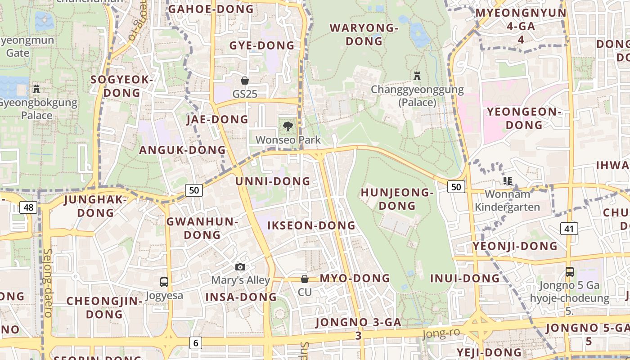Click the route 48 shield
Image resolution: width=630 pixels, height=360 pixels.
pos(28,207)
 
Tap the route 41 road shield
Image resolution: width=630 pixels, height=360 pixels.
pos(569,229)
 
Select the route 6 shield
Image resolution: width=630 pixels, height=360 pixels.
pos(195,342)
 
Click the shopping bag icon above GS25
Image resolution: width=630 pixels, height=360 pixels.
pos(245,81)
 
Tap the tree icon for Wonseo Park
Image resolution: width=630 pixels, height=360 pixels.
pos(288,126)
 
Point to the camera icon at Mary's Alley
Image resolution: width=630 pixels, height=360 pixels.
pos(240,267)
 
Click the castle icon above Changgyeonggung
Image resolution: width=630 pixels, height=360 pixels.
pos(417,76)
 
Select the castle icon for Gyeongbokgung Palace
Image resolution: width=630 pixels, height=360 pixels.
pos(36,89)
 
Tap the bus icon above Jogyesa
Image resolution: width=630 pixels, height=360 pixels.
pos(164,282)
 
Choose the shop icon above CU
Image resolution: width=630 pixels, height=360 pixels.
pos(305,279)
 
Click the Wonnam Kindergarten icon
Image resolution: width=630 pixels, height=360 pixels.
pos(508,181)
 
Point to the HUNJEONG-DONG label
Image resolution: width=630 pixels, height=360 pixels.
pos(397,199)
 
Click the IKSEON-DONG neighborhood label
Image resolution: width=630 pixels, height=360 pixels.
pos(311,225)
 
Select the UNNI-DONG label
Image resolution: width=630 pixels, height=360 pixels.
pos(273,181)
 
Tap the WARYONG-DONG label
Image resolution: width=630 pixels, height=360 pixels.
pos(364,35)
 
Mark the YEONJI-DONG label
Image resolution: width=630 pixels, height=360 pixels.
pos(515,246)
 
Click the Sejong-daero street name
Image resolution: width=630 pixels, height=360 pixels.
pos(48,283)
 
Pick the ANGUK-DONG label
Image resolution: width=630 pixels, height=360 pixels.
pos(182,150)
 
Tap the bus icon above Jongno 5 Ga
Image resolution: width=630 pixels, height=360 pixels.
pos(570,272)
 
